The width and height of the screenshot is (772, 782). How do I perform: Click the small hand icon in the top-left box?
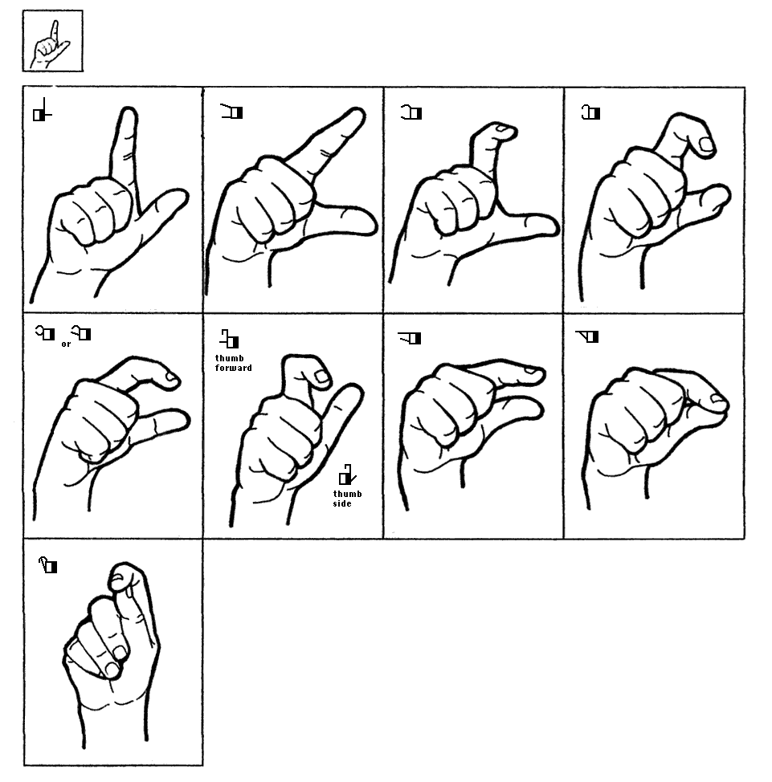tap(50, 44)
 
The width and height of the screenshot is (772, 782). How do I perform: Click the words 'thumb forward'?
tap(233, 363)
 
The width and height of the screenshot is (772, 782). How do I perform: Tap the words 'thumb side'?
tap(347, 499)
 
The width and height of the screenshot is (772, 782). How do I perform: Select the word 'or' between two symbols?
tap(66, 344)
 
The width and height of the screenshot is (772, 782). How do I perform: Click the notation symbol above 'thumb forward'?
tap(230, 338)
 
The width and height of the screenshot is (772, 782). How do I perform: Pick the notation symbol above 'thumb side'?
tap(347, 474)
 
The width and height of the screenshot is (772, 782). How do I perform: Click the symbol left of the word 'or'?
tap(45, 332)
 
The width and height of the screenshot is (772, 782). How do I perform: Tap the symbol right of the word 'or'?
tap(81, 332)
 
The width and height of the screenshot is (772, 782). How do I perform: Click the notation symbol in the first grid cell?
tap(42, 110)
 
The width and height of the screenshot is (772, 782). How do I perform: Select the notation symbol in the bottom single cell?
tap(48, 565)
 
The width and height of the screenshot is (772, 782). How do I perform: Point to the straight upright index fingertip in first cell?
tap(129, 111)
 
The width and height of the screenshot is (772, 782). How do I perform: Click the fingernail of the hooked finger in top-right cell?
tap(707, 145)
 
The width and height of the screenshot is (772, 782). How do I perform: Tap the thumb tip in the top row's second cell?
tap(370, 222)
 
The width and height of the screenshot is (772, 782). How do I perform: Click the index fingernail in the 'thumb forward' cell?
tap(322, 377)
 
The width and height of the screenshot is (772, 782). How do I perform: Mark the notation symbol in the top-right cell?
tap(591, 112)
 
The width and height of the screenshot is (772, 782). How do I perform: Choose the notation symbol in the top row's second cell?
tap(231, 112)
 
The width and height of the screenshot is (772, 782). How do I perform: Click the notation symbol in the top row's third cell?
tap(411, 112)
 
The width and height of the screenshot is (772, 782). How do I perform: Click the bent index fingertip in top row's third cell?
tap(508, 131)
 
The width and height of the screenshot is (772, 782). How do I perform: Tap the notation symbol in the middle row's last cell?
tap(587, 336)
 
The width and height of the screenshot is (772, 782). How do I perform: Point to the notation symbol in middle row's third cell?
tap(409, 338)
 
